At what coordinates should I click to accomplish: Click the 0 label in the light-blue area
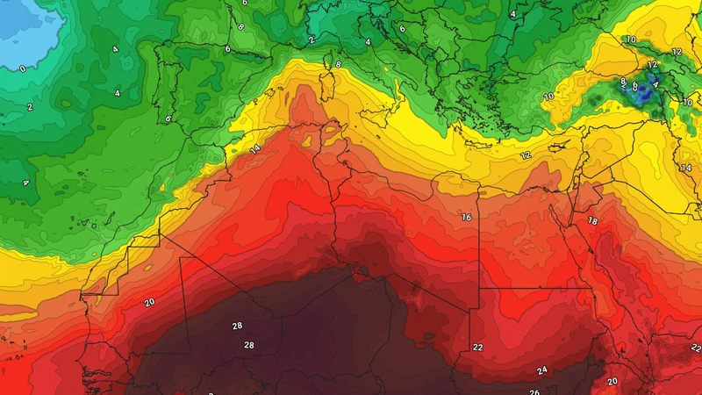pos(22,68)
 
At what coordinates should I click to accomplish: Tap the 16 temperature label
pos(466,217)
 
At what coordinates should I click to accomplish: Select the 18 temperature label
pos(593,220)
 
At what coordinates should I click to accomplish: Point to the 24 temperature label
pos(542,370)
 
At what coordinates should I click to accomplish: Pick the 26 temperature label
pos(534,391)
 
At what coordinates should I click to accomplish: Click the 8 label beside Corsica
pos(339,64)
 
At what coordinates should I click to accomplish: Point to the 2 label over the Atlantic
pos(29,107)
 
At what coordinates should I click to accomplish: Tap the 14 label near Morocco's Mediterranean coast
pos(255,149)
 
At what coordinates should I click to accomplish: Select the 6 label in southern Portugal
pos(168,118)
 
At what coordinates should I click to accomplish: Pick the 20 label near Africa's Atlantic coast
pos(149,302)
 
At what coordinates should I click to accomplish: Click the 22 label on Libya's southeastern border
pos(478,347)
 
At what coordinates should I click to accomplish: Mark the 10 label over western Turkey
pos(548,97)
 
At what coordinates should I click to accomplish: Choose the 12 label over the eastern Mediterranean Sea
pos(526,155)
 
